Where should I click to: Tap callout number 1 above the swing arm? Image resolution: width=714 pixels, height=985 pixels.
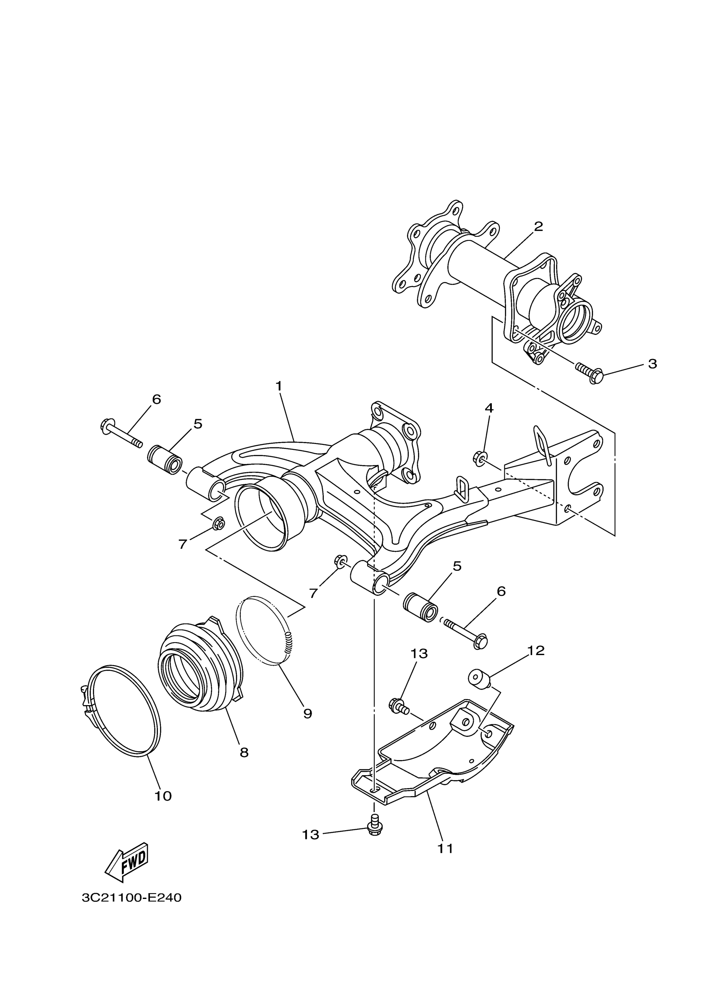(x=278, y=386)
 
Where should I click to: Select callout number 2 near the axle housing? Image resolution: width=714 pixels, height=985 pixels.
(x=538, y=226)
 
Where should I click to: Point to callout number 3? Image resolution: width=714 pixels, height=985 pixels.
(x=652, y=364)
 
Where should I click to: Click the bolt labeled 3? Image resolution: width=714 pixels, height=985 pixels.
(x=590, y=373)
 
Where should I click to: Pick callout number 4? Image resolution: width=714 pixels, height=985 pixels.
(x=489, y=408)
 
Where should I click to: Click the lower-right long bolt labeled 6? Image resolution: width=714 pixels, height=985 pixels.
(x=466, y=632)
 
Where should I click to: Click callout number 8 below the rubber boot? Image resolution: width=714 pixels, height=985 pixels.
(x=244, y=752)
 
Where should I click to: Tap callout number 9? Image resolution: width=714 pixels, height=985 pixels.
(x=308, y=713)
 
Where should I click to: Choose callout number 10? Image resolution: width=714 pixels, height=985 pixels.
(x=163, y=796)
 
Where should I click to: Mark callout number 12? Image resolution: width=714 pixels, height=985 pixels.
(x=536, y=663)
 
